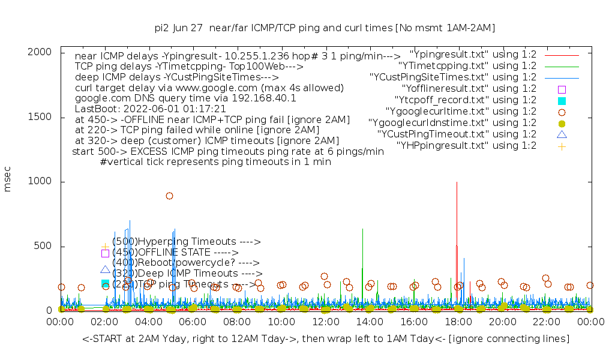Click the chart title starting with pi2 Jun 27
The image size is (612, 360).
325,28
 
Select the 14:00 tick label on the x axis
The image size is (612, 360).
370,323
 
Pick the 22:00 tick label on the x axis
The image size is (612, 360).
547,323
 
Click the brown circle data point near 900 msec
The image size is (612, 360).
170,196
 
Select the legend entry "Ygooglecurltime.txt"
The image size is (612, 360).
452,112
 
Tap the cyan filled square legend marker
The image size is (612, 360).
562,100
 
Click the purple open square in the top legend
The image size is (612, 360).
562,89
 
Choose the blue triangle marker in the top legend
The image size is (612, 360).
562,134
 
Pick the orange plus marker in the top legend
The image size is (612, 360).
562,146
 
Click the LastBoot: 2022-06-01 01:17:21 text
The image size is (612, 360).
150,109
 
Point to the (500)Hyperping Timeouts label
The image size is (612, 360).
186,242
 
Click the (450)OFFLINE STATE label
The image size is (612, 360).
175,253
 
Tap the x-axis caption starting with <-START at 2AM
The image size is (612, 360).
326,340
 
